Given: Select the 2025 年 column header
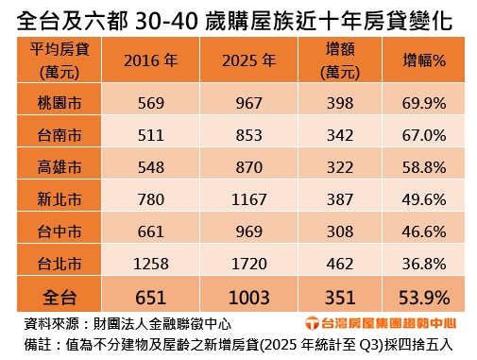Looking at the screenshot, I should coord(248,60).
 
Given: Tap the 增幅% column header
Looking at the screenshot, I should coord(424,60).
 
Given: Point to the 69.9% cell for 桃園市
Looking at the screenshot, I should coord(424,101).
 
